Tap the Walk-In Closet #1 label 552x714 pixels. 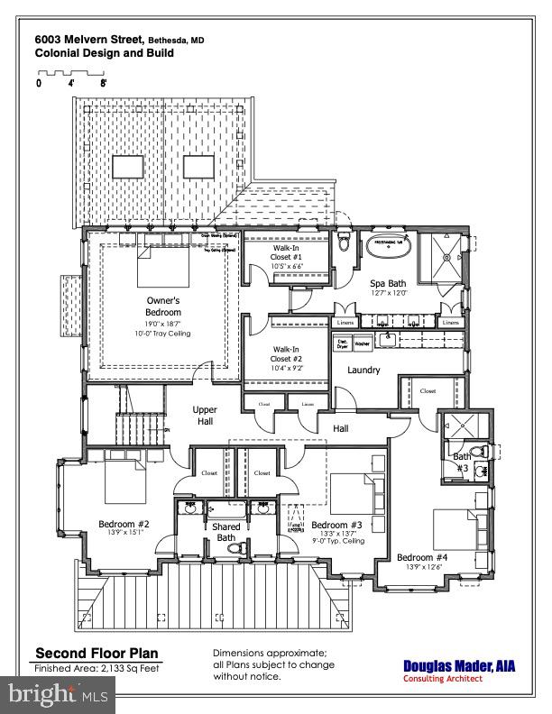point(287,256)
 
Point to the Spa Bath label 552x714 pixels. point(389,283)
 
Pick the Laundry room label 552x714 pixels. point(363,370)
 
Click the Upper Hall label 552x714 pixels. point(205,416)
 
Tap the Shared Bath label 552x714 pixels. point(225,533)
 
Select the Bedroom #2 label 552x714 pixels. point(123,522)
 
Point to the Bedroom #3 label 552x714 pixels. point(336,525)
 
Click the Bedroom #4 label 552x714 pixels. point(422,556)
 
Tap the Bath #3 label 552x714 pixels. point(461,462)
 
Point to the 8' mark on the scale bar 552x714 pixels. point(104,83)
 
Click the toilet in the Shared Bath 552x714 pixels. point(235,546)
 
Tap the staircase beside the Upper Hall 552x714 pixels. point(142,423)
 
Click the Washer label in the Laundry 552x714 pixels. point(363,344)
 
